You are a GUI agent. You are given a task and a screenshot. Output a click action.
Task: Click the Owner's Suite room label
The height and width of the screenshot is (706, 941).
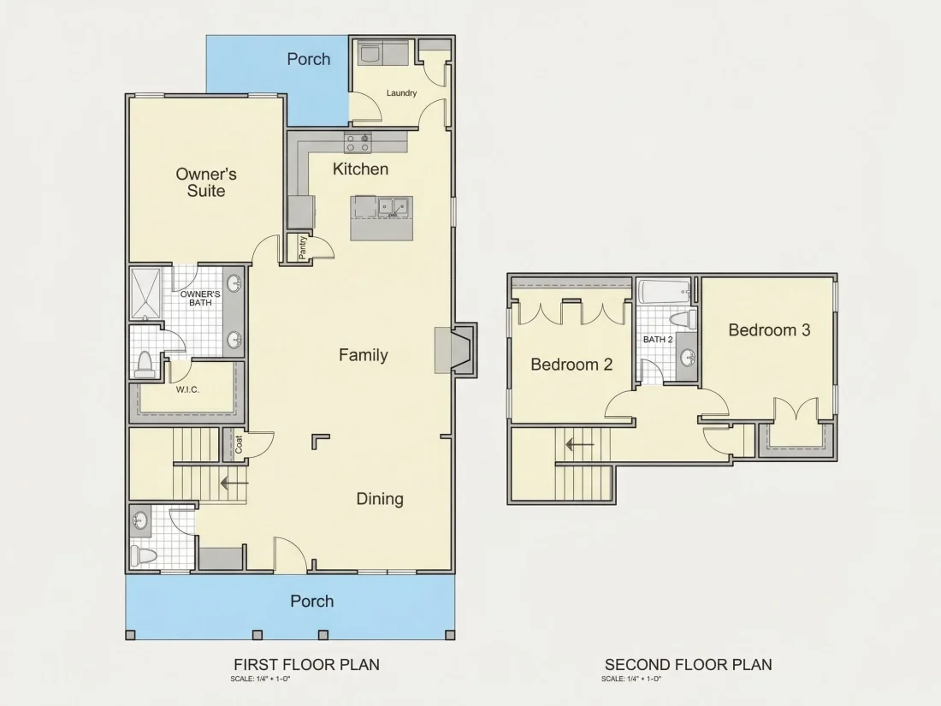pos(206,182)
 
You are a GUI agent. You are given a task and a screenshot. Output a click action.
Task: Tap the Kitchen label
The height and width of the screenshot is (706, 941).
pos(360,169)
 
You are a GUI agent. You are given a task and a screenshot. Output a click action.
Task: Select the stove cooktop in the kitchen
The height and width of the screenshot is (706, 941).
pos(358,144)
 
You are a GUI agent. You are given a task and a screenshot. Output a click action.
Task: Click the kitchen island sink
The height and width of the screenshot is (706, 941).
pos(393,207)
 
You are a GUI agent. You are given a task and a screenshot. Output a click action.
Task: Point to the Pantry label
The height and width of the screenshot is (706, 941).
pos(303,247)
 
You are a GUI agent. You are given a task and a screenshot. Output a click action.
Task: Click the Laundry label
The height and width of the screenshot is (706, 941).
pos(401,93)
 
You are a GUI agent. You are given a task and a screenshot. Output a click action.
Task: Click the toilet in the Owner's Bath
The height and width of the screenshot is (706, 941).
pos(145,365)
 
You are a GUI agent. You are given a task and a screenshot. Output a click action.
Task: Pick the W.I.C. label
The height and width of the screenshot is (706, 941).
pos(187,389)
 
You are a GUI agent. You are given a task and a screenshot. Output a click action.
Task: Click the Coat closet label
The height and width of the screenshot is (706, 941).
pos(239,444)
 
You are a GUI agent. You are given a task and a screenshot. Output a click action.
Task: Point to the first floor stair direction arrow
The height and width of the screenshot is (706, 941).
pos(234,482)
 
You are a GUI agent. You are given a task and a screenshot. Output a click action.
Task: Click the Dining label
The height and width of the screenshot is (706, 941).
pos(380,499)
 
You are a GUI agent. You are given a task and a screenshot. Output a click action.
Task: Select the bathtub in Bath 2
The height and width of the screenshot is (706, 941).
pos(663,292)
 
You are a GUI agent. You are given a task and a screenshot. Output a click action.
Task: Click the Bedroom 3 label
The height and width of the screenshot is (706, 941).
pos(769,330)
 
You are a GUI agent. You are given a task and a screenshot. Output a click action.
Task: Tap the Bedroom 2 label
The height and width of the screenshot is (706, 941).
pos(571,365)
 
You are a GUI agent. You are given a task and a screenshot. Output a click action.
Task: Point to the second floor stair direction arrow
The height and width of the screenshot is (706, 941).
pos(580,445)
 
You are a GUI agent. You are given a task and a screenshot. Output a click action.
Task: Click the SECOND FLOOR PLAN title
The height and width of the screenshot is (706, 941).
pos(689,665)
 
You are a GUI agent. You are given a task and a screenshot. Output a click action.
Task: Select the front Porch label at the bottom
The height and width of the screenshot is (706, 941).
pos(312,601)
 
